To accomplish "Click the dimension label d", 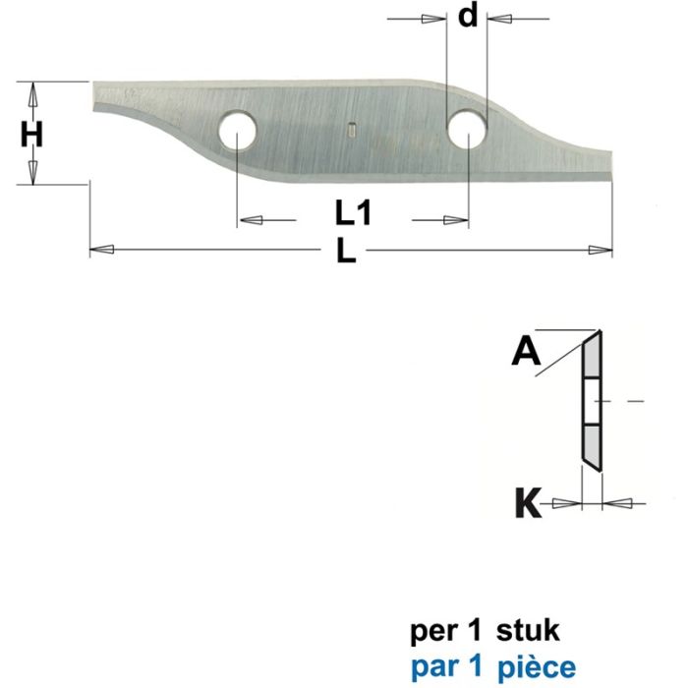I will coord(470,17).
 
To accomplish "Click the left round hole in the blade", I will coord(238,131).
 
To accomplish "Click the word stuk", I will coord(533,625).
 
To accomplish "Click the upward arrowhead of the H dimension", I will coord(33,94).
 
